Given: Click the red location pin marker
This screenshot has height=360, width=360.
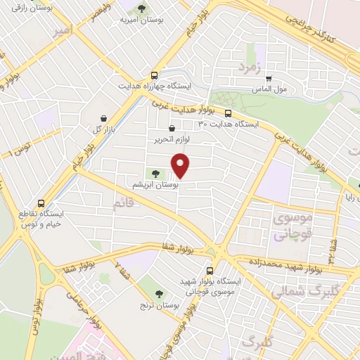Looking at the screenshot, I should pyautogui.click(x=181, y=165).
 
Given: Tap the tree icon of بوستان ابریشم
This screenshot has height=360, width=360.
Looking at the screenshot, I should pyautogui.click(x=155, y=174).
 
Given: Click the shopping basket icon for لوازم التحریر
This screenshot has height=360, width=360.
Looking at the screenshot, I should pyautogui.click(x=172, y=129).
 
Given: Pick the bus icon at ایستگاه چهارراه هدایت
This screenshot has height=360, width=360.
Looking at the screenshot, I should pyautogui.click(x=154, y=76).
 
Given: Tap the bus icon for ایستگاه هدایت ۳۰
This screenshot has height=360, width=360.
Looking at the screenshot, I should pyautogui.click(x=229, y=112).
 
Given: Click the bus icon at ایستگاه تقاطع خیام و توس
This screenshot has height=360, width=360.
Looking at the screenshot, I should pyautogui.click(x=41, y=202).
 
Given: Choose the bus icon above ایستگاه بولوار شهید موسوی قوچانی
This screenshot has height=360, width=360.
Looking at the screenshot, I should pyautogui.click(x=210, y=271).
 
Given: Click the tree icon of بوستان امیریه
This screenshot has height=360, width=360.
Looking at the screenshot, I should pyautogui.click(x=142, y=9).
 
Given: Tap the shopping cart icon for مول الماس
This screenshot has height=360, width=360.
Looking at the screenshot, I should pyautogui.click(x=268, y=79).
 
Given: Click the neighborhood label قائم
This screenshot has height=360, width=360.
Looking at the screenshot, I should pyautogui.click(x=122, y=205).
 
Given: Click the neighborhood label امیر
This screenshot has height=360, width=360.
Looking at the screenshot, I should pyautogui.click(x=62, y=31).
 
